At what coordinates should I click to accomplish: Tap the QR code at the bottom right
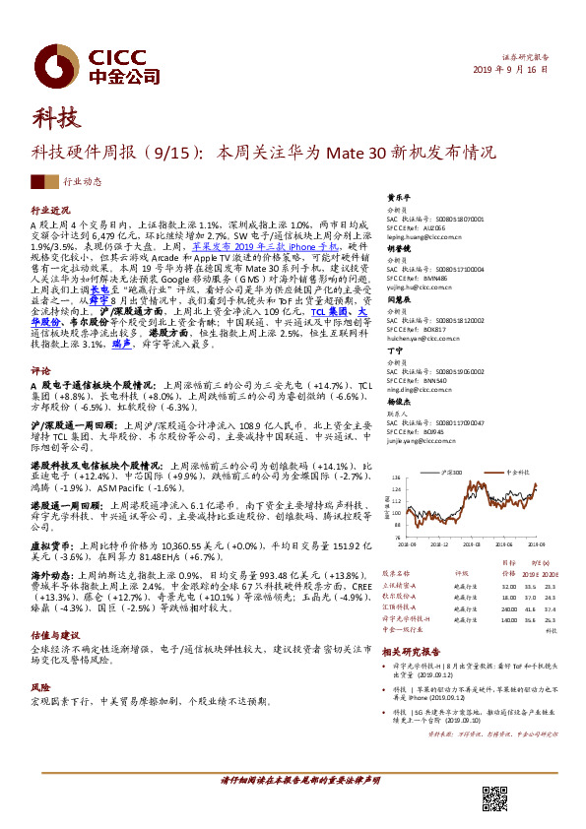pos(496,801)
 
